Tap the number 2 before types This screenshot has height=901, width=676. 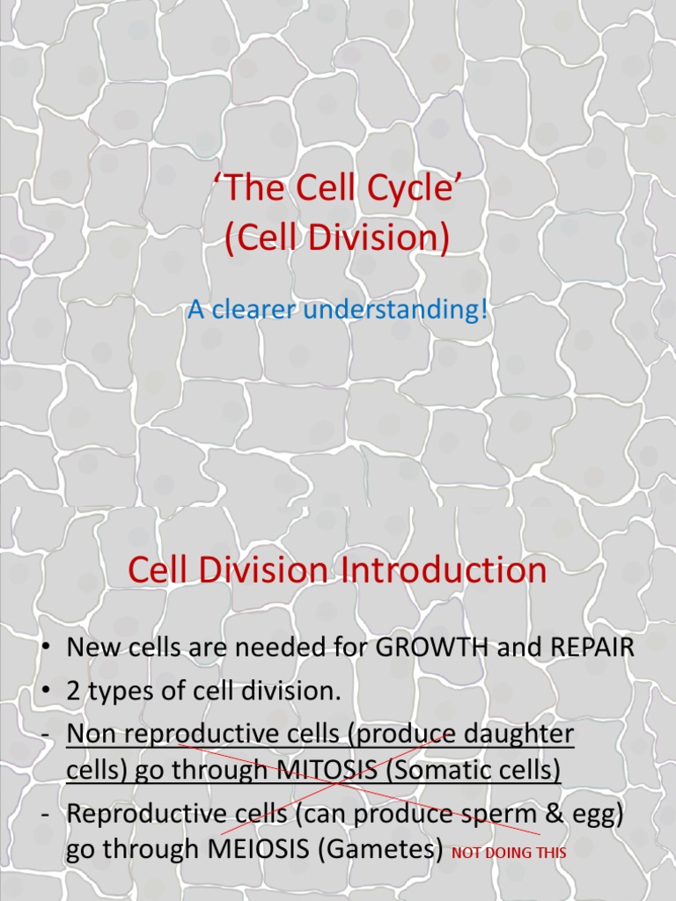pyautogui.click(x=73, y=692)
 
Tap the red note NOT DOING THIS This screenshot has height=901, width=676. pyautogui.click(x=508, y=853)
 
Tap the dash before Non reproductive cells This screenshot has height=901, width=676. pyautogui.click(x=44, y=734)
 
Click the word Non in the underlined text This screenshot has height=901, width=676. pyautogui.click(x=87, y=734)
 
